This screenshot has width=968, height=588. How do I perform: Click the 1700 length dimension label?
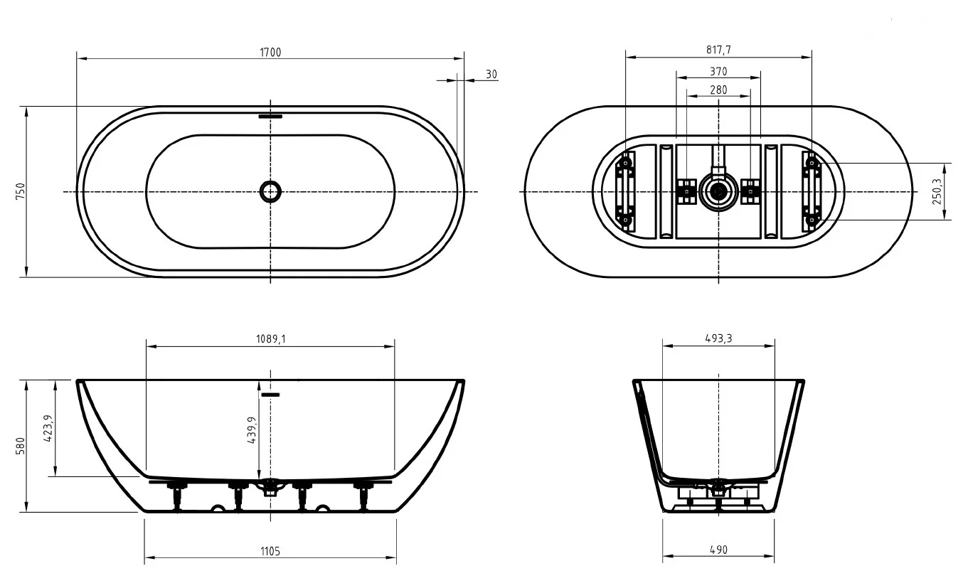270,52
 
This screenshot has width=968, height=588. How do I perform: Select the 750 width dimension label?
21,191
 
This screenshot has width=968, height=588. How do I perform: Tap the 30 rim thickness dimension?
491,74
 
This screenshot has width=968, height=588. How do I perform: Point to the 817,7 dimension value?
719,50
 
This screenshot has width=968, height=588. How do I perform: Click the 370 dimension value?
718,71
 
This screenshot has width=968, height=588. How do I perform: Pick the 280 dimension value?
718,90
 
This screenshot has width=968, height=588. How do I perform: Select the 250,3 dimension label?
937,191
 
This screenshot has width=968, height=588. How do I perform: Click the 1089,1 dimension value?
270,339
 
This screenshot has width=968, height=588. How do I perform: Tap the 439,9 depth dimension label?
252,430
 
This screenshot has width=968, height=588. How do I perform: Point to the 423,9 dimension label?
48,428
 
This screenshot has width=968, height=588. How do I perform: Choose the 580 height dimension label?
21,446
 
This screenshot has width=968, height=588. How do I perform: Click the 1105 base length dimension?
270,552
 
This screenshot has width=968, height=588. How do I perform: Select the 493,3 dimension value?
718,339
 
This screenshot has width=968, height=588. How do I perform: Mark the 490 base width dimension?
718,550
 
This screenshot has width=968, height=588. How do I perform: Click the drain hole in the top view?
270,191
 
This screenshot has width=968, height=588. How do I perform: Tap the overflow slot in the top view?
270,116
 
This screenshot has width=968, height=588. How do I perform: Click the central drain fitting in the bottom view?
718,191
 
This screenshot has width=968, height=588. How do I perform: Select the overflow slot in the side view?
270,394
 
